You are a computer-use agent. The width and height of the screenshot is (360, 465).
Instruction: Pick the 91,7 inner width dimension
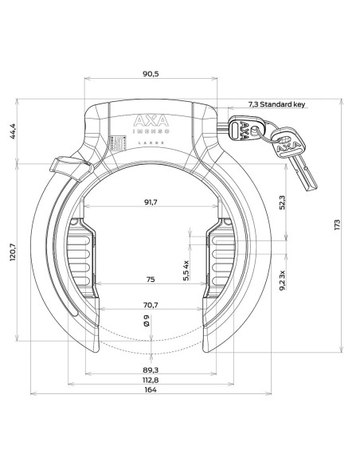click(150, 203)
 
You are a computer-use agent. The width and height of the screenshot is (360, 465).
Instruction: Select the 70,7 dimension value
click(150, 303)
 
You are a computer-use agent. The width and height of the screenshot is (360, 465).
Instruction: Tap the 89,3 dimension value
click(150, 369)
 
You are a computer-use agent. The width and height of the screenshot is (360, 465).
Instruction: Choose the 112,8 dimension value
click(150, 380)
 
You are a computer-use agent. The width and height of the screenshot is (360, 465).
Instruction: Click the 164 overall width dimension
click(150, 390)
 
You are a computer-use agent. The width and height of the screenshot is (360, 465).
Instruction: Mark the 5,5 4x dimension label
click(186, 270)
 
